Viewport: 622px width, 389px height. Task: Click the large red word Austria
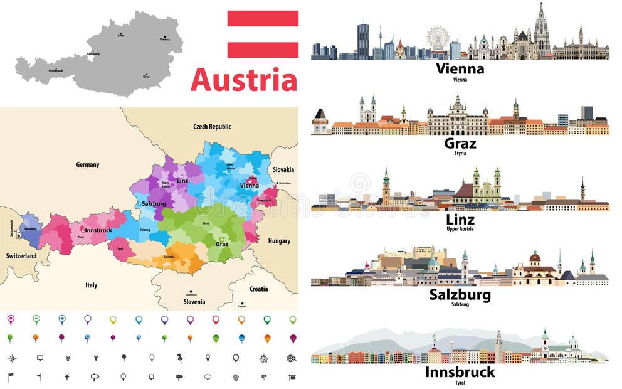[244, 80]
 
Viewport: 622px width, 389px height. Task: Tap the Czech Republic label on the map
[212, 127]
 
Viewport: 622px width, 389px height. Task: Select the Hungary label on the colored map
[279, 241]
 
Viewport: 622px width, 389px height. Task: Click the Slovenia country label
[194, 302]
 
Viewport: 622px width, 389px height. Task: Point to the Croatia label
[258, 289]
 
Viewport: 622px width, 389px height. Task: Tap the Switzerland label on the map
[21, 257]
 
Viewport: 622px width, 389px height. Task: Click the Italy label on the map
[92, 285]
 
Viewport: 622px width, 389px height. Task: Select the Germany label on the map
[88, 165]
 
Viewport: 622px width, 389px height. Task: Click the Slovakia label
[283, 170]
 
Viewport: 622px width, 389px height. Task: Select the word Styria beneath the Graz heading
[460, 154]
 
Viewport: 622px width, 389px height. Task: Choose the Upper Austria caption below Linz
[460, 230]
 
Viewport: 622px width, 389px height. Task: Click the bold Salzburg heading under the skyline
[460, 295]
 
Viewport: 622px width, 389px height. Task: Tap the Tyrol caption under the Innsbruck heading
[460, 381]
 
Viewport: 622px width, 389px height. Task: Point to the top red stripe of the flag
[263, 18]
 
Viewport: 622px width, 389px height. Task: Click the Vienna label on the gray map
[164, 39]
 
